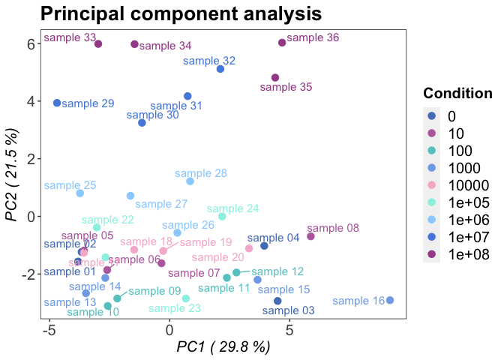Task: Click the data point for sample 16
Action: tap(390, 300)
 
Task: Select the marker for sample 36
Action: tap(282, 43)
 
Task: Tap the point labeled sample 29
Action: tap(57, 103)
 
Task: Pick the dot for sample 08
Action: tap(310, 236)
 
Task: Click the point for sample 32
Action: tap(220, 69)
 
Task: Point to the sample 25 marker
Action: tap(80, 193)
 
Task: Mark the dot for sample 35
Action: tap(275, 78)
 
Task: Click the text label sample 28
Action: tap(201, 173)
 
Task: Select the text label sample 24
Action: tap(233, 208)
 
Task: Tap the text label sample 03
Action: tap(289, 310)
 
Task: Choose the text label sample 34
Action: tap(166, 46)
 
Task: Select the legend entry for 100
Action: tap(457, 151)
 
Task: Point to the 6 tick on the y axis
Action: tap(32, 43)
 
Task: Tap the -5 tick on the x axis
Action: tap(50, 328)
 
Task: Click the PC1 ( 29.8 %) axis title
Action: tap(223, 347)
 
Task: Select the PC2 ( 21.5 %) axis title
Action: tap(13, 174)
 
